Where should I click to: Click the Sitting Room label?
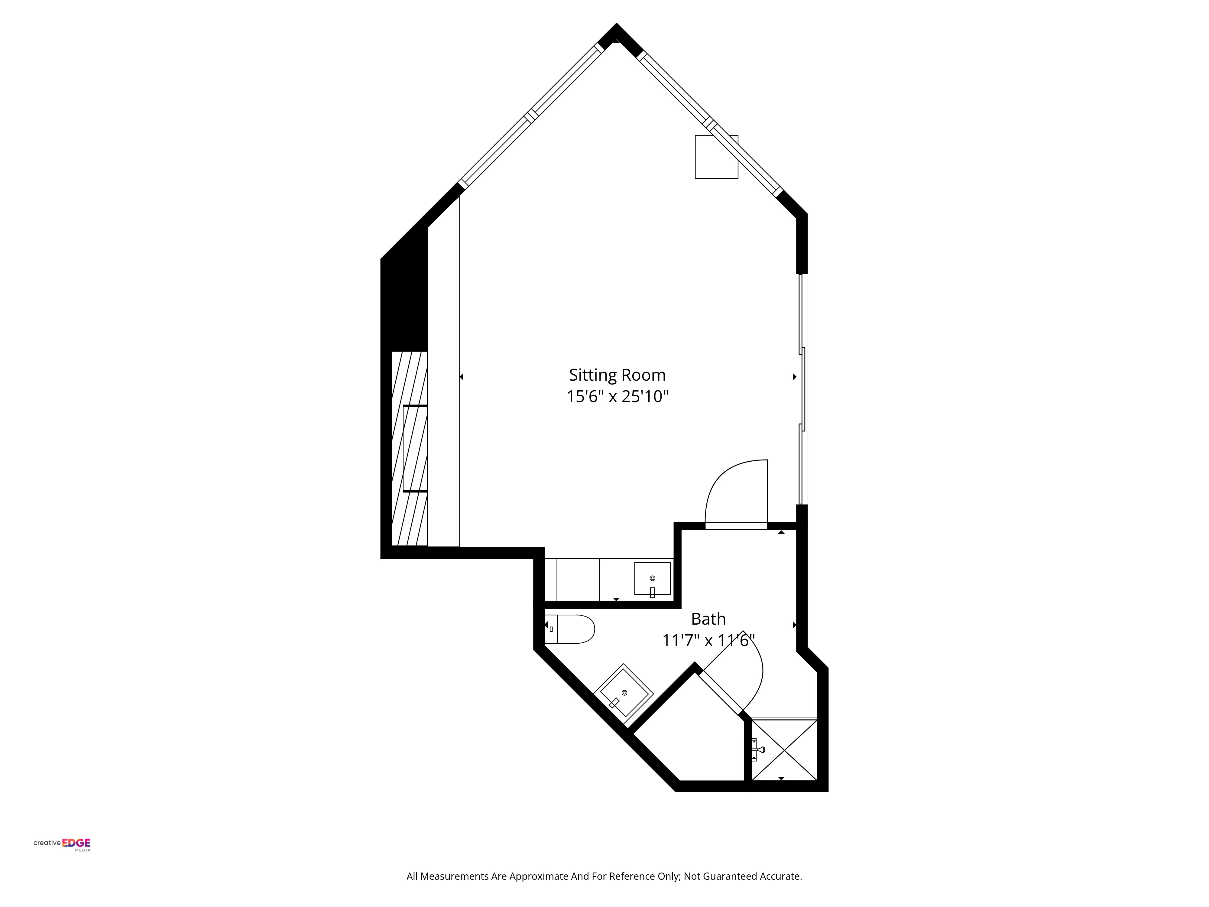[617, 375]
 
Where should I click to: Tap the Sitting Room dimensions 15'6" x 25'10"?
[617, 396]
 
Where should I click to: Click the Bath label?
[708, 619]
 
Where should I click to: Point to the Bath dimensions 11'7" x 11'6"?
[708, 640]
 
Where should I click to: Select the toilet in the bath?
[569, 629]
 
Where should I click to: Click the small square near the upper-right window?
[716, 157]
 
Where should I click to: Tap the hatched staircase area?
[409, 448]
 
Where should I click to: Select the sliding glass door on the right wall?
[802, 389]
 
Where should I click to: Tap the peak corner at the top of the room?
[617, 24]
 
